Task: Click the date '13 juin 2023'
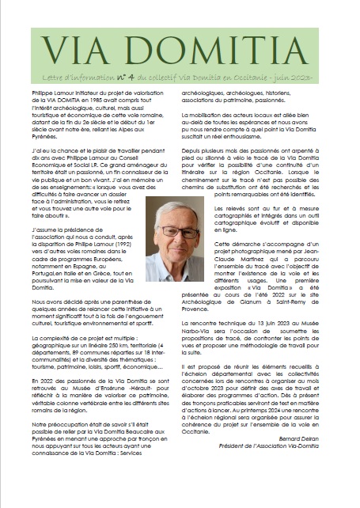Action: [x=271, y=345]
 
